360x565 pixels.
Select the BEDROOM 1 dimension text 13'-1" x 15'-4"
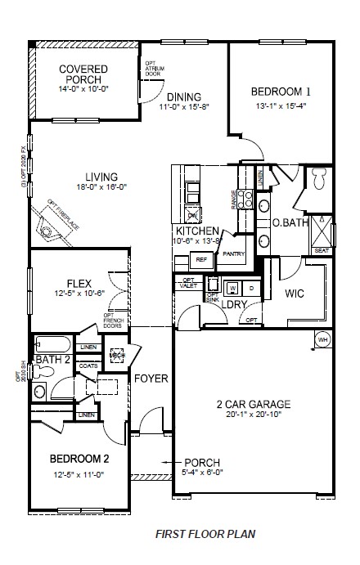(x=281, y=105)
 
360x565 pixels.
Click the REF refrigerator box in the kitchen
(x=200, y=259)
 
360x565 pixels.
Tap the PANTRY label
(x=234, y=254)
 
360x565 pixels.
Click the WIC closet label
(x=295, y=293)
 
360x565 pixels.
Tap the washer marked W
(x=232, y=288)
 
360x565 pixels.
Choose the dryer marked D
(x=251, y=288)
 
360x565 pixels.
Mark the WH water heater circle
(x=322, y=339)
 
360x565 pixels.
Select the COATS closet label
(x=88, y=366)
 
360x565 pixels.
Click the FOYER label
(x=151, y=379)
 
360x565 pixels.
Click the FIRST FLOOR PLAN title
(x=205, y=534)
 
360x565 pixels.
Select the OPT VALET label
(x=187, y=283)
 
